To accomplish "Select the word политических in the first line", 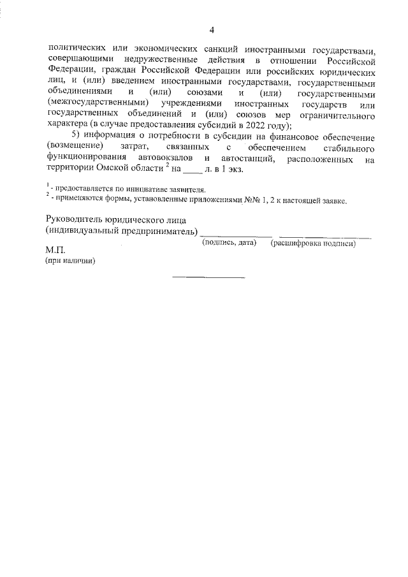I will click(75, 49).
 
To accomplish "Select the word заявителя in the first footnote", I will click(184, 190).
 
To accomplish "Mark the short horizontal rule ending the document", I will click(208, 277).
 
